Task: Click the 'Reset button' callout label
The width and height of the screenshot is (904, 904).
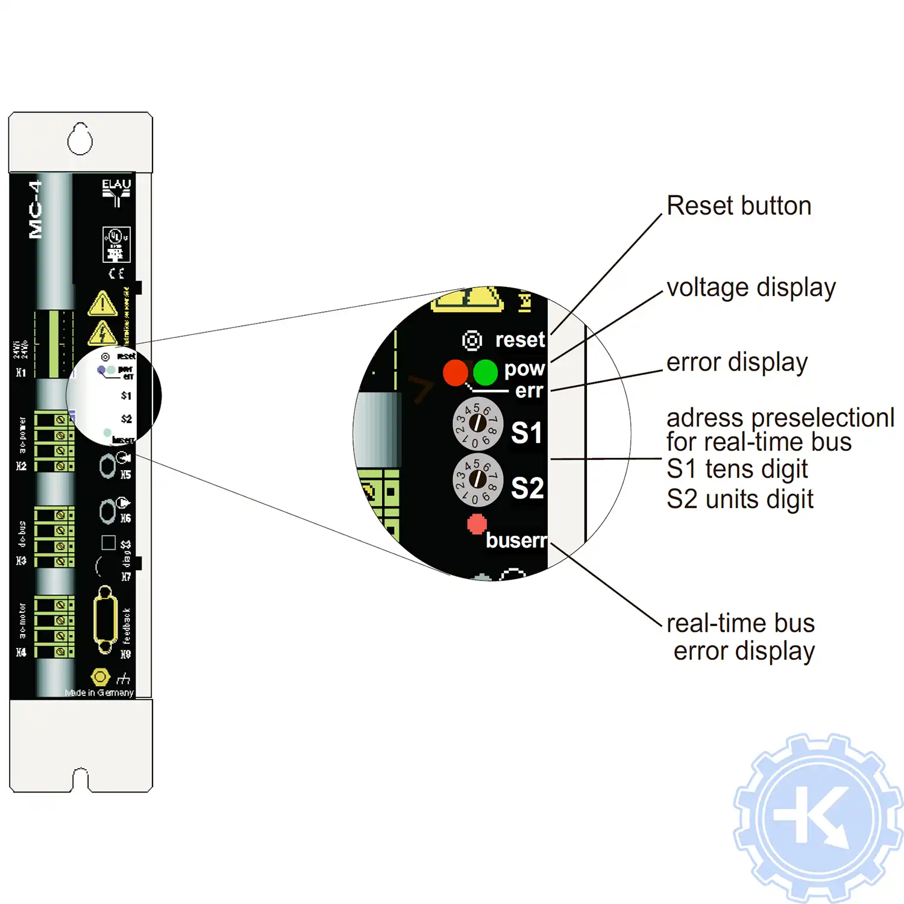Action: [x=739, y=206]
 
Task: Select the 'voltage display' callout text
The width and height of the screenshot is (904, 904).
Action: [x=751, y=288]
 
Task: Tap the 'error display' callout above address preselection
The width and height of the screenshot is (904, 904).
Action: [x=736, y=363]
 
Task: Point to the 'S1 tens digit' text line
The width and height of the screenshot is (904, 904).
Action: [x=736, y=469]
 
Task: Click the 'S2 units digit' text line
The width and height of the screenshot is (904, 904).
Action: [x=739, y=500]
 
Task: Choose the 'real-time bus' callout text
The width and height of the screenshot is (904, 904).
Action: [x=740, y=623]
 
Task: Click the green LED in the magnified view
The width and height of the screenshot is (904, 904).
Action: [x=485, y=372]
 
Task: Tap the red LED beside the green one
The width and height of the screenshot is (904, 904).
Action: [x=455, y=372]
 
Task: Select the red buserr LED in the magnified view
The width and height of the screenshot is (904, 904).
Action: [x=477, y=524]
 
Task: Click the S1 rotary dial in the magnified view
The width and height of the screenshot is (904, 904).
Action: [x=477, y=424]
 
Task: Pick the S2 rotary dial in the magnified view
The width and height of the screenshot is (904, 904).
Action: [x=477, y=480]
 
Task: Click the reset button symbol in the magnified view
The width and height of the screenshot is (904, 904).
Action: [x=472, y=341]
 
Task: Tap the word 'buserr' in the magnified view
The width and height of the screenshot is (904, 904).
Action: [x=516, y=541]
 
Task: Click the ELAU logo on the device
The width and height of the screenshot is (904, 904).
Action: [x=116, y=191]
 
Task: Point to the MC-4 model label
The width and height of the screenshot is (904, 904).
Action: [x=36, y=209]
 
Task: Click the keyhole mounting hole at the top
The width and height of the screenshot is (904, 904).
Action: [x=80, y=139]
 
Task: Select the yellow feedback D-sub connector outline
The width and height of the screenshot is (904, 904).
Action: [x=105, y=620]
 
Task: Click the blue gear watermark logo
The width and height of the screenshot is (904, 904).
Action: [x=817, y=818]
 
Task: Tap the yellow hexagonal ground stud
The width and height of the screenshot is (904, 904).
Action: [x=100, y=677]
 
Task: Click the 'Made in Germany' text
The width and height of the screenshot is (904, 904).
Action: [x=99, y=693]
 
